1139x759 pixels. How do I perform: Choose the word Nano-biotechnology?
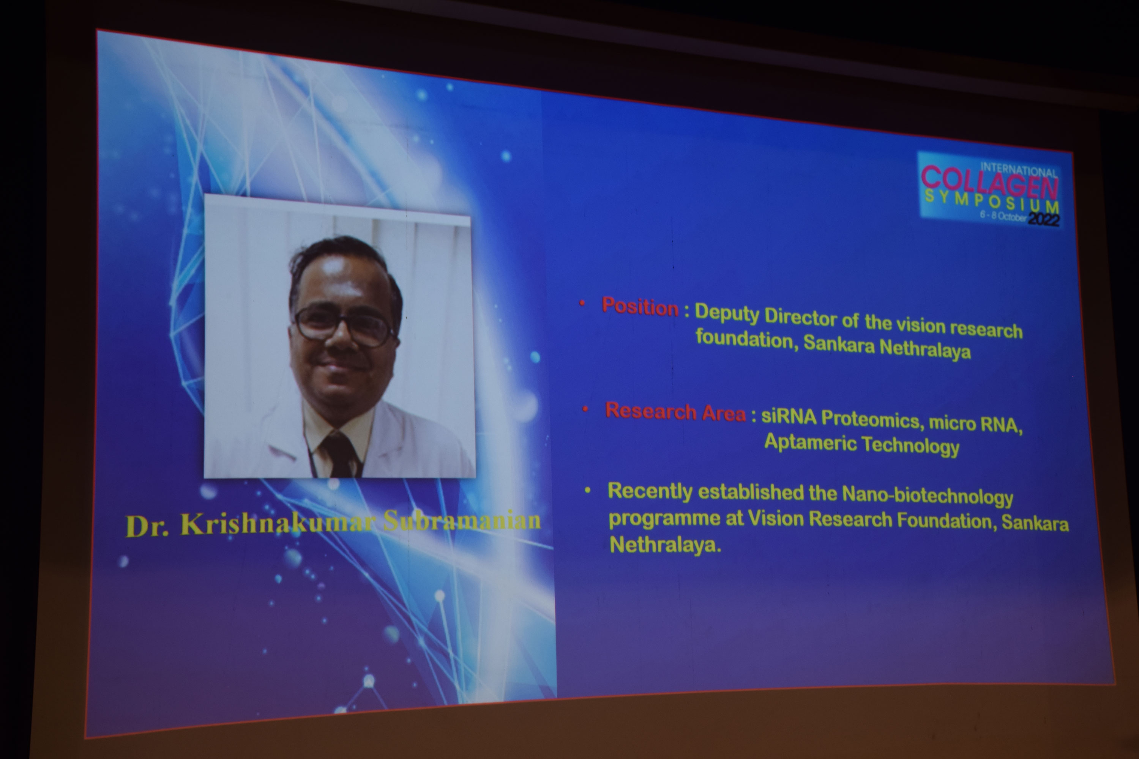[928, 496]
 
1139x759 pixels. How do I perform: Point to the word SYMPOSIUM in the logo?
[992, 200]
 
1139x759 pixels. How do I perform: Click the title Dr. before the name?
[148, 526]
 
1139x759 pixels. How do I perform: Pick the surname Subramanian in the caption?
[462, 521]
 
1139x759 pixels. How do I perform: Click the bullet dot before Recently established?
[588, 491]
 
